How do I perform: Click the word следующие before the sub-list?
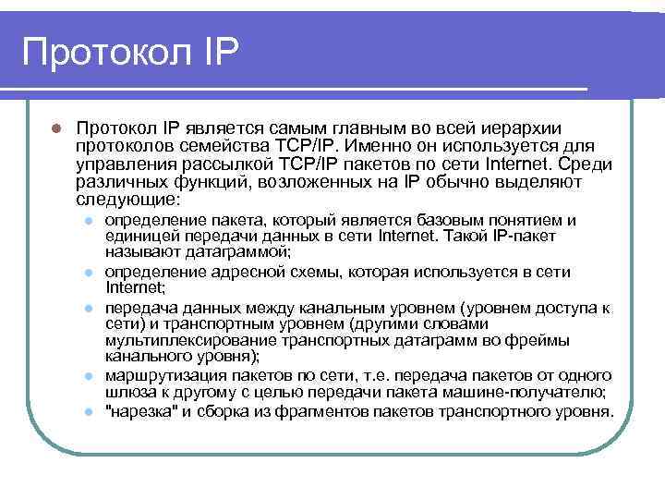[x=128, y=200]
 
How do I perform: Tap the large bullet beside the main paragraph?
[x=56, y=128]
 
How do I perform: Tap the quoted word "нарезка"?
[x=139, y=409]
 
